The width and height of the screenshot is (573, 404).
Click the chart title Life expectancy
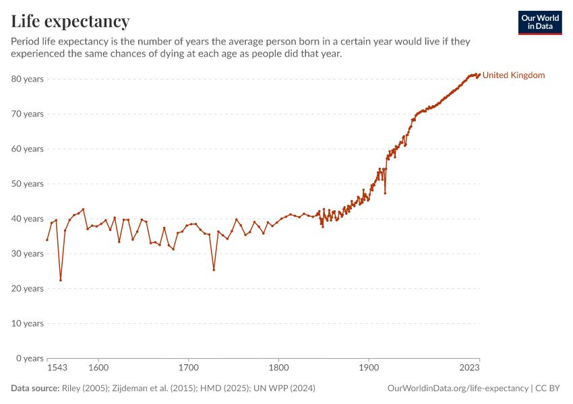pyautogui.click(x=70, y=21)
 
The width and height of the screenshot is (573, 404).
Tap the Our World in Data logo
pyautogui.click(x=539, y=22)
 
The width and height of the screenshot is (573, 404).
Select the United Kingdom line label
pyautogui.click(x=514, y=75)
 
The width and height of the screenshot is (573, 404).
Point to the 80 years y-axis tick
pyautogui.click(x=28, y=79)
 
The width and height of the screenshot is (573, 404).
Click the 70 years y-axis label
pyautogui.click(x=28, y=114)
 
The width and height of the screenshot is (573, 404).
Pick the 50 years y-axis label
pyautogui.click(x=28, y=184)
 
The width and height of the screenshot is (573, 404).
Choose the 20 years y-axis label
pyautogui.click(x=28, y=288)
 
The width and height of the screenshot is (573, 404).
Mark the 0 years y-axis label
pyautogui.click(x=30, y=358)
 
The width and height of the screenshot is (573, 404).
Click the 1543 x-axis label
pyautogui.click(x=57, y=368)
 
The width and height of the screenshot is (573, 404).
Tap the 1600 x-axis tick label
pyautogui.click(x=98, y=368)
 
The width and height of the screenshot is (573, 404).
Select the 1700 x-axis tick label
pyautogui.click(x=189, y=368)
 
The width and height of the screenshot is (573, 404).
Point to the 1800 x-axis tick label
pyautogui.click(x=279, y=368)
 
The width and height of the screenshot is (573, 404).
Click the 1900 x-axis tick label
pyautogui.click(x=369, y=368)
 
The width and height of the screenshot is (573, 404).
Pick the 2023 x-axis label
pyautogui.click(x=469, y=368)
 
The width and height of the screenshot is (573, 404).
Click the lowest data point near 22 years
pyautogui.click(x=61, y=280)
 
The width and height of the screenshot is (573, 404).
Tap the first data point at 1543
pyautogui.click(x=47, y=240)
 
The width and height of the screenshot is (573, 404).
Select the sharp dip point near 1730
pyautogui.click(x=214, y=270)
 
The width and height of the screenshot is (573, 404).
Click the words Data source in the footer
pyautogui.click(x=35, y=389)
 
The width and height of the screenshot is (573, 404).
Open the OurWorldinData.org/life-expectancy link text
pyautogui.click(x=458, y=389)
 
